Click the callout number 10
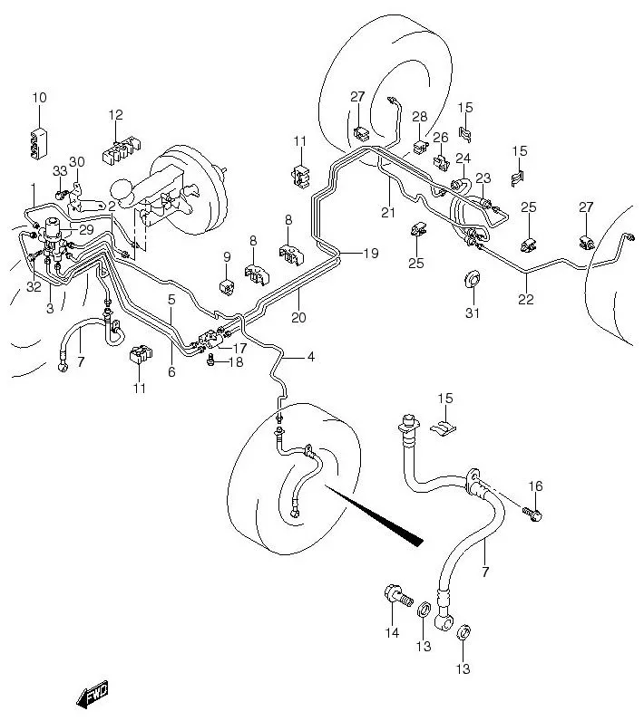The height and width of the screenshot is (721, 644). [x=39, y=97]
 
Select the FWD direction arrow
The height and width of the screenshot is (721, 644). [x=93, y=696]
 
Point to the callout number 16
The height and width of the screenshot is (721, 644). [x=535, y=486]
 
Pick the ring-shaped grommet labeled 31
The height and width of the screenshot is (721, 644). [x=473, y=279]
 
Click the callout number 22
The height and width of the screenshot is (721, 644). [x=526, y=298]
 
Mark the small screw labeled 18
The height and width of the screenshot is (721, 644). [x=210, y=360]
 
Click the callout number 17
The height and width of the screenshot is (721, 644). [x=240, y=347]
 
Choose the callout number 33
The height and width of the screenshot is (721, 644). [x=60, y=169]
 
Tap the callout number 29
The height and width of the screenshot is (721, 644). [x=86, y=229]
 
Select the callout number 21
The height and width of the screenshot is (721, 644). [x=388, y=212]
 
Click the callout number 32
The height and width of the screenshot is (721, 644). [x=34, y=287]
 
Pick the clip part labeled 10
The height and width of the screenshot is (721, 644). [x=39, y=141]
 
